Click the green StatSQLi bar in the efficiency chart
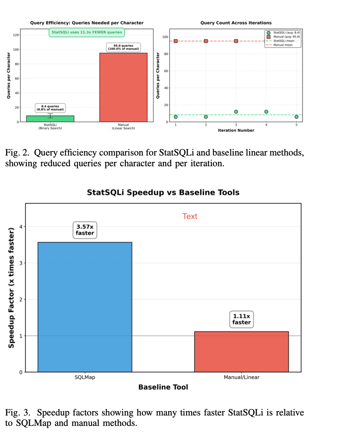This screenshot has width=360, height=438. click(50, 119)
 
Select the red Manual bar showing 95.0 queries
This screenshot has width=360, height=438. click(123, 87)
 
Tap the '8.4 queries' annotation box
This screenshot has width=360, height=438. click(50, 108)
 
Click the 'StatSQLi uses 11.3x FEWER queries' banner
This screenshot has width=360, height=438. click(87, 32)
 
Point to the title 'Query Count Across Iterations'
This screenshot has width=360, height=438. click(236, 23)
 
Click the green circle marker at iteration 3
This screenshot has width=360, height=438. click(236, 112)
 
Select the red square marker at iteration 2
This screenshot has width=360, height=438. click(206, 41)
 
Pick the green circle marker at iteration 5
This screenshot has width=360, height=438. click(297, 117)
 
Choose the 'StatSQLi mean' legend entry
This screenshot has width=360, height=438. click(283, 41)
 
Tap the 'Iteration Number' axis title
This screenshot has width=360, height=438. click(236, 130)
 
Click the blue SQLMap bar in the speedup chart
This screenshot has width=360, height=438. click(85, 307)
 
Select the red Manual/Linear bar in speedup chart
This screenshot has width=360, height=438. click(241, 352)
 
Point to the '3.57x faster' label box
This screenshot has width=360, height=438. click(85, 230)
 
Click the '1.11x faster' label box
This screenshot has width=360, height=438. click(241, 319)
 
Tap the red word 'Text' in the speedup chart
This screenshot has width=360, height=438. click(190, 216)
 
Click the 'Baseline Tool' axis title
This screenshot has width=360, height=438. click(163, 387)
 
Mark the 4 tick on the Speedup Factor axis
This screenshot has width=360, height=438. click(21, 227)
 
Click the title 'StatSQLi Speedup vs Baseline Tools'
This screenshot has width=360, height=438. click(163, 192)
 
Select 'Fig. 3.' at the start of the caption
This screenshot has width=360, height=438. click(17, 412)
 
